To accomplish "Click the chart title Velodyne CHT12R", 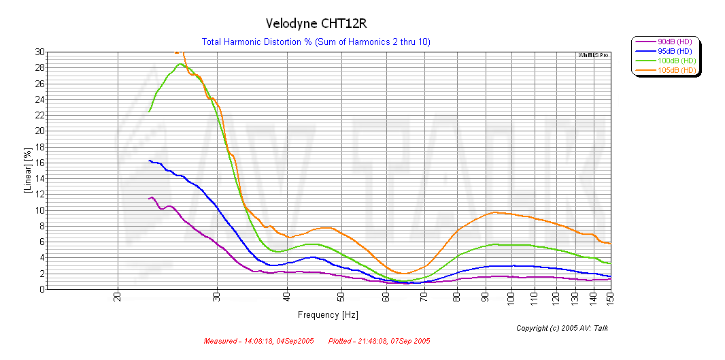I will pos(316,24).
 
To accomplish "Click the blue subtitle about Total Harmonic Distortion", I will pos(316,42).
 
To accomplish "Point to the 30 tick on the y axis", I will pos(40,52).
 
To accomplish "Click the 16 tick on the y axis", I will pos(40,163).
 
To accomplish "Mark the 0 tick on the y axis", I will pos(42,289).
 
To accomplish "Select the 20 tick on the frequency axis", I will pos(118,297).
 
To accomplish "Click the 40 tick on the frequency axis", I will pos(287,297).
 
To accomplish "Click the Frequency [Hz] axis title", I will pos(328,315).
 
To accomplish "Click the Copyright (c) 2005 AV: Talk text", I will pos(562,328).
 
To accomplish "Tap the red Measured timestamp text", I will pos(259,341).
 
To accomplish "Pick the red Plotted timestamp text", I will pos(379,341).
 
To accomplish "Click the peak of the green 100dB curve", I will pos(180,64).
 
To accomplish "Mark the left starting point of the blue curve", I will pos(149,161).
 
